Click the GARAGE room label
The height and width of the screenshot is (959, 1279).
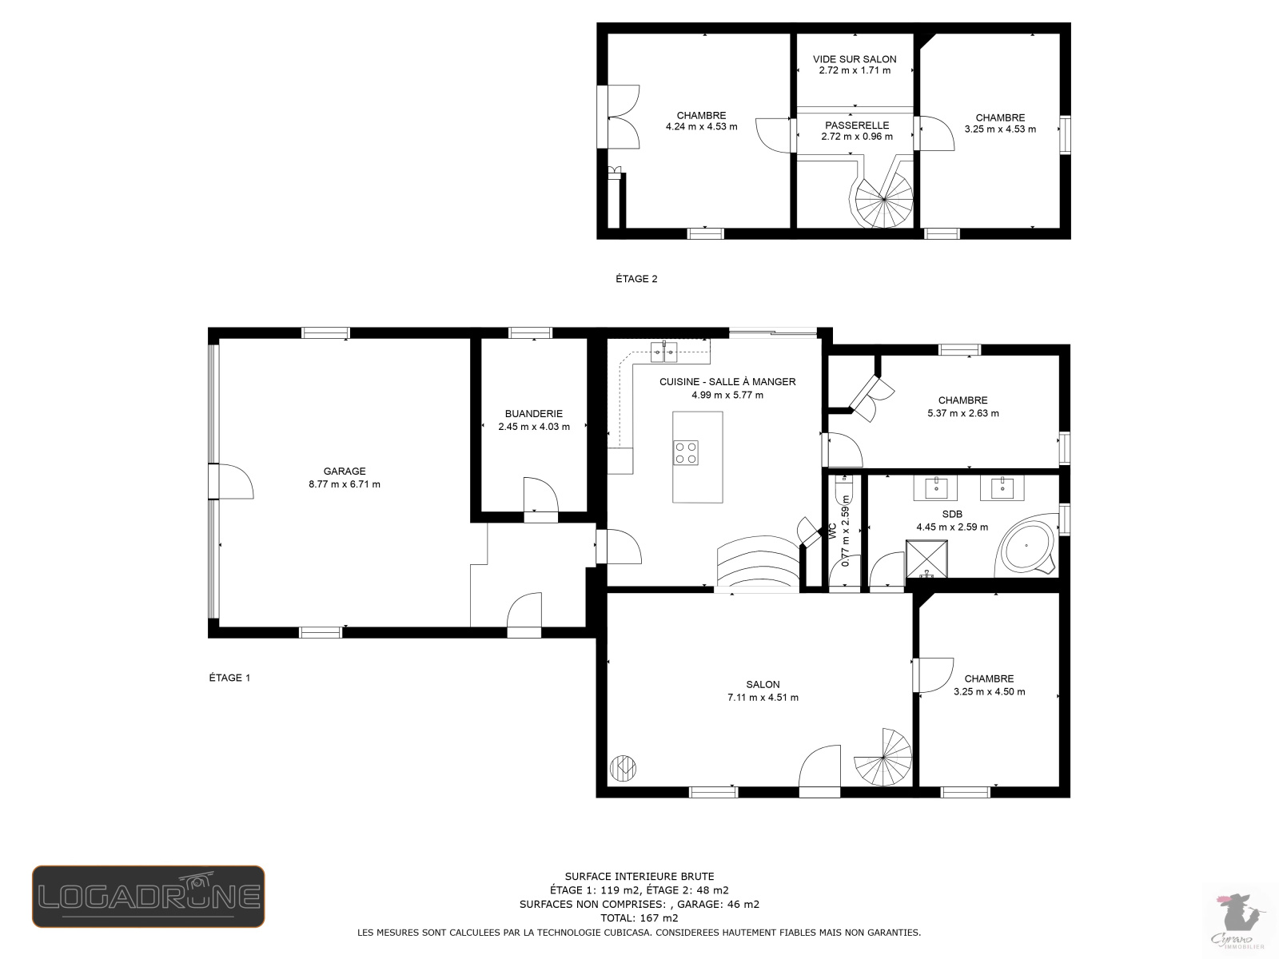(x=345, y=471)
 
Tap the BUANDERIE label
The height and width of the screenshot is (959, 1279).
(x=534, y=414)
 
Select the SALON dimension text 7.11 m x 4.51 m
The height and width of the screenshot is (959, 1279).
(x=763, y=698)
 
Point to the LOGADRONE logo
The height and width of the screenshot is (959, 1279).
(x=149, y=896)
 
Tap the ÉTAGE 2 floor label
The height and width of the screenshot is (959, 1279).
(x=636, y=279)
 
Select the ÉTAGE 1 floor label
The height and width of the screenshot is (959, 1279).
(x=229, y=678)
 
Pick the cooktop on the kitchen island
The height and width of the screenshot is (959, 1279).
(x=686, y=453)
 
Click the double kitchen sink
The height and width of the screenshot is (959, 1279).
(x=663, y=351)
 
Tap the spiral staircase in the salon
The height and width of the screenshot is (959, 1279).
(x=883, y=757)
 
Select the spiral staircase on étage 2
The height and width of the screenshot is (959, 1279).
(x=883, y=199)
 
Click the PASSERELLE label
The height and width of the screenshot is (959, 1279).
(x=857, y=125)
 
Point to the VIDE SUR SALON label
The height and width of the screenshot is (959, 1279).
(x=855, y=59)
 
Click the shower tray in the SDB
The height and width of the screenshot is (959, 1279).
(x=926, y=559)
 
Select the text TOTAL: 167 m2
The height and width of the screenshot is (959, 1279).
(x=639, y=918)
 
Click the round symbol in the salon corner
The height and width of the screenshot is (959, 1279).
(x=623, y=768)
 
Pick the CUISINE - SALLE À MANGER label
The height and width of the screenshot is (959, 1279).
(x=727, y=382)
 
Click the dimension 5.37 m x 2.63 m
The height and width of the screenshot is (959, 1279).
(x=963, y=413)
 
